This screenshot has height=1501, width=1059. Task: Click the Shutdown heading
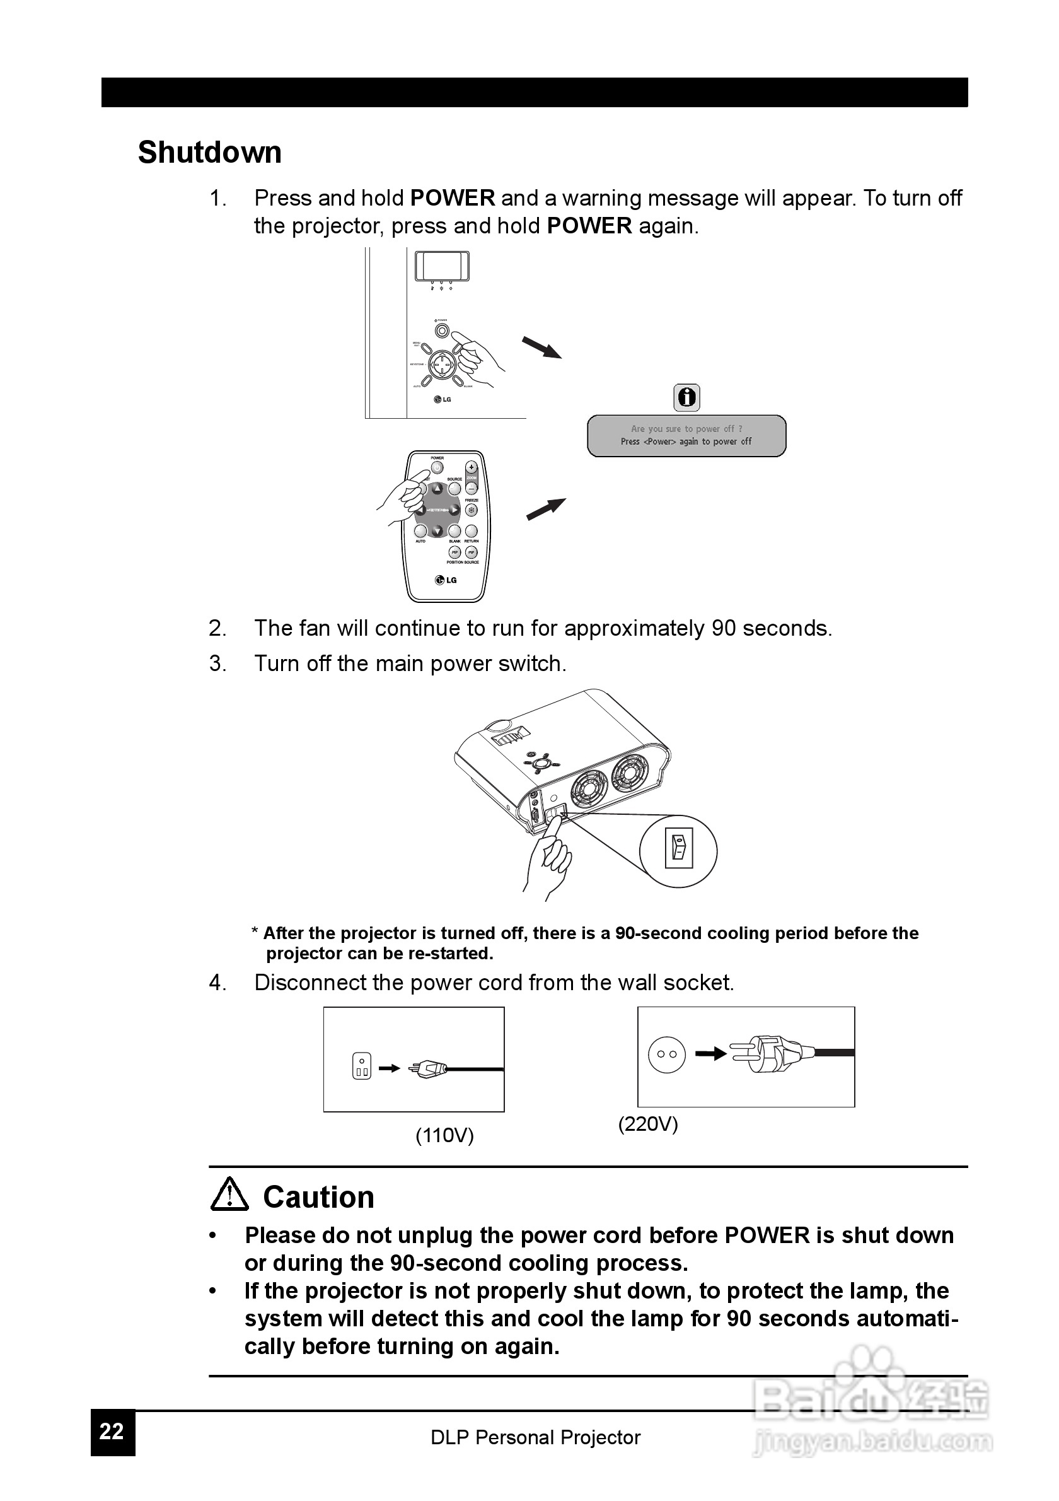[210, 153]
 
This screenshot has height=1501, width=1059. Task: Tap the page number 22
[112, 1431]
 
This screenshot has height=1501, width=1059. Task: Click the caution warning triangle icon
[229, 1194]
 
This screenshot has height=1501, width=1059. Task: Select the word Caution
[318, 1197]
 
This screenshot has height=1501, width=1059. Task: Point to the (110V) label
[444, 1135]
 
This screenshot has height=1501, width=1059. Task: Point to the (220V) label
[648, 1124]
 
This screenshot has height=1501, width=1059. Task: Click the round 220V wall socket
[666, 1054]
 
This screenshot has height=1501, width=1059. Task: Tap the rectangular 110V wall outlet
[361, 1066]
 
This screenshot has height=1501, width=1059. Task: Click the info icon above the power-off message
[686, 397]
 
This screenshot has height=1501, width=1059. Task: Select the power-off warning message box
[686, 435]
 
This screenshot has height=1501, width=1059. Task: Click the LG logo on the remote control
[446, 580]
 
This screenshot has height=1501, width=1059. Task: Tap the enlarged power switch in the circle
[678, 850]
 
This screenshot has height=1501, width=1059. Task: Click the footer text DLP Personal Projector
[535, 1437]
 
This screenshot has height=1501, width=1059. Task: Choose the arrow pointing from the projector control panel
[541, 347]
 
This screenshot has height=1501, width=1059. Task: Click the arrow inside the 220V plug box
[711, 1054]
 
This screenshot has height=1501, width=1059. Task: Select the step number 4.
[217, 983]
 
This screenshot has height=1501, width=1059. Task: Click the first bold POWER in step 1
[452, 198]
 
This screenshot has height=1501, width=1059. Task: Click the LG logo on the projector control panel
[443, 399]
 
